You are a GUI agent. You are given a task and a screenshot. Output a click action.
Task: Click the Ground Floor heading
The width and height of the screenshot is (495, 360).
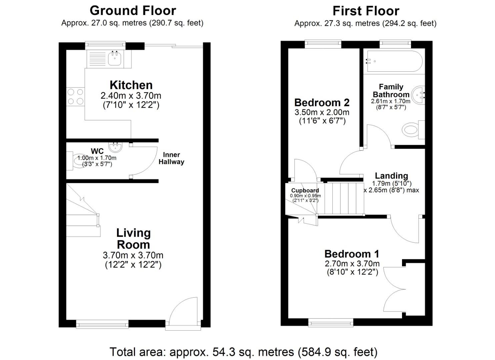click(133, 11)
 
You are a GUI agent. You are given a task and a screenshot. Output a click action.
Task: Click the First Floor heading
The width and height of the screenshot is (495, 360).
click(366, 11)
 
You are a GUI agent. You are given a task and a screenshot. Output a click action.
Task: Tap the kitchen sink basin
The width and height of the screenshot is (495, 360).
click(115, 59)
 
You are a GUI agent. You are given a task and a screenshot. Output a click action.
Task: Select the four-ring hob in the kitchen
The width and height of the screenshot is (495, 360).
click(75, 97)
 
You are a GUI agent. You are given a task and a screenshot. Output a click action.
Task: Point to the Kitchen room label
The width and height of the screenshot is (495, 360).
click(131, 85)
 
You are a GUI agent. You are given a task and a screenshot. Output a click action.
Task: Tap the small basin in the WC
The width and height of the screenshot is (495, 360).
click(116, 146)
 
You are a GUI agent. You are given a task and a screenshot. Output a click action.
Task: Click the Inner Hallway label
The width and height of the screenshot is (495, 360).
click(171, 158)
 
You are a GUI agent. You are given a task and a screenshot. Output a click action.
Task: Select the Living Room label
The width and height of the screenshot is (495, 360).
click(133, 239)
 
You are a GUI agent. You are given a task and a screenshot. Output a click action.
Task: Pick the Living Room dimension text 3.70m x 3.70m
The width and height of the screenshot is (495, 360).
click(133, 256)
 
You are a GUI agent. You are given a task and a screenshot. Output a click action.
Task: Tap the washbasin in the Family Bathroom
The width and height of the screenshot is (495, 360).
click(418, 95)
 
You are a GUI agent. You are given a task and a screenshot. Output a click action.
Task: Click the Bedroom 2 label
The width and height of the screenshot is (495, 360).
click(322, 102)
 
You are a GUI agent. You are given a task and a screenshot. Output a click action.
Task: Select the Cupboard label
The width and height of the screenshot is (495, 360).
click(305, 191)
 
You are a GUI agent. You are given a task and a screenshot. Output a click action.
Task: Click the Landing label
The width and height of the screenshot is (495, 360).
click(391, 176)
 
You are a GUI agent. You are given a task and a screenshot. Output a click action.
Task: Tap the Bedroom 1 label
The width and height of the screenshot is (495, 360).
click(352, 254)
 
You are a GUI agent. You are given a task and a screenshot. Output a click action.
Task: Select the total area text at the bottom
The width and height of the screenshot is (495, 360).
click(243, 352)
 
